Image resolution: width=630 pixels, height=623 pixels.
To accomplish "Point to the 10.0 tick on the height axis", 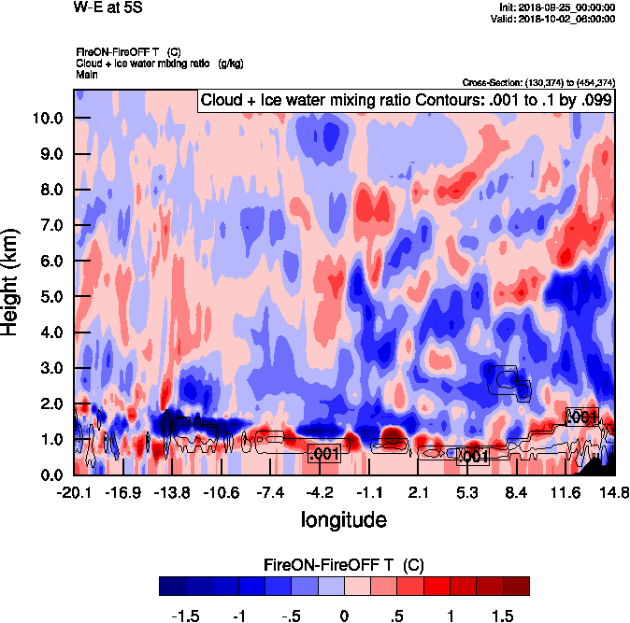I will click(x=45, y=119).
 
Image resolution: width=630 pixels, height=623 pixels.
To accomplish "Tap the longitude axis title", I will click(x=343, y=518).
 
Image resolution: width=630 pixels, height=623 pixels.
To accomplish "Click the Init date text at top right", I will click(x=557, y=7).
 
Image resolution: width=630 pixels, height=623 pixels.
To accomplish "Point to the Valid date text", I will click(x=557, y=18).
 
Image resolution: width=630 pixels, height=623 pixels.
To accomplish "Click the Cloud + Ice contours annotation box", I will click(x=405, y=100).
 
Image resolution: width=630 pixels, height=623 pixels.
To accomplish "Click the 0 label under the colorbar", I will click(x=344, y=616).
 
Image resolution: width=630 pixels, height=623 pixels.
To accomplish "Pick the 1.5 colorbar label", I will click(x=503, y=616).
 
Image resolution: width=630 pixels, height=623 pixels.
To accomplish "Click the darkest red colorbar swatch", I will click(x=516, y=586).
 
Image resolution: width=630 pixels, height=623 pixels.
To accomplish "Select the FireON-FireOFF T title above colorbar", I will click(x=344, y=565).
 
